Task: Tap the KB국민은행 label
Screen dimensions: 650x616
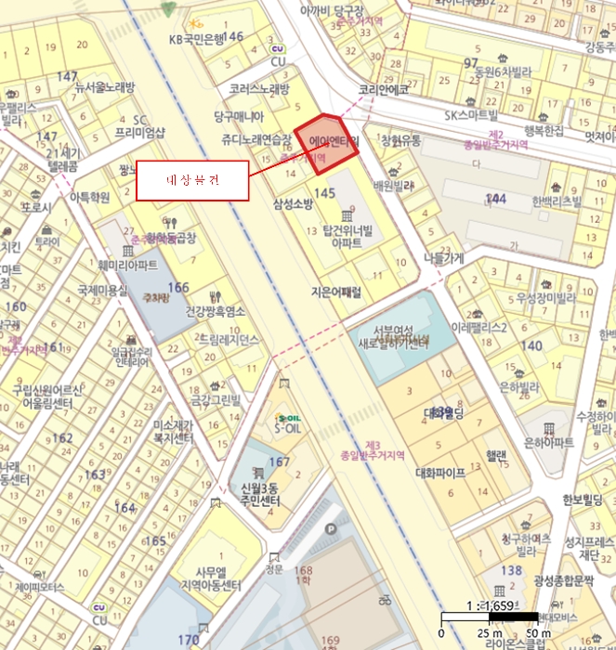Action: coord(198,38)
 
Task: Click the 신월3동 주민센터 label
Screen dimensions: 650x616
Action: coord(262,495)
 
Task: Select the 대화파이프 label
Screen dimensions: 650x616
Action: coord(440,472)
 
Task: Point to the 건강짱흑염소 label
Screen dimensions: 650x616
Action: coord(216,312)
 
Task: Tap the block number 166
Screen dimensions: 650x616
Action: coord(177,288)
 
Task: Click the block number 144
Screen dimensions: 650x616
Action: coord(495,199)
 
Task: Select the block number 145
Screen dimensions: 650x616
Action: coord(324,192)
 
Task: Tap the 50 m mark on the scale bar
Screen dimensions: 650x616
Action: coord(533,632)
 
